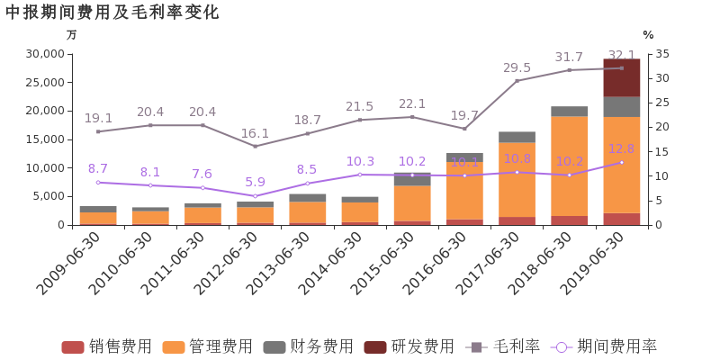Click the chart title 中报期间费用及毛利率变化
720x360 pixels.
(x=112, y=12)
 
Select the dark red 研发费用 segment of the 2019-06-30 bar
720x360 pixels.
(x=621, y=78)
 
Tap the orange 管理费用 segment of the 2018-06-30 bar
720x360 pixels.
(x=569, y=166)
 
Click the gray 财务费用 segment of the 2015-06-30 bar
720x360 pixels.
(x=412, y=179)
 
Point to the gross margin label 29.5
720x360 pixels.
(x=517, y=67)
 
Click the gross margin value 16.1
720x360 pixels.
(x=255, y=133)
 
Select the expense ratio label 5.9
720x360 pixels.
(x=255, y=182)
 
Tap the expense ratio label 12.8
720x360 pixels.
(x=621, y=148)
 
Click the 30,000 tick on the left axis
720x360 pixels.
(x=44, y=54)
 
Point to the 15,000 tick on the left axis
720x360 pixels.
(x=44, y=139)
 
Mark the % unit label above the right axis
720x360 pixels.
(x=647, y=34)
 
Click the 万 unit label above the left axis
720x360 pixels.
(x=72, y=34)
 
